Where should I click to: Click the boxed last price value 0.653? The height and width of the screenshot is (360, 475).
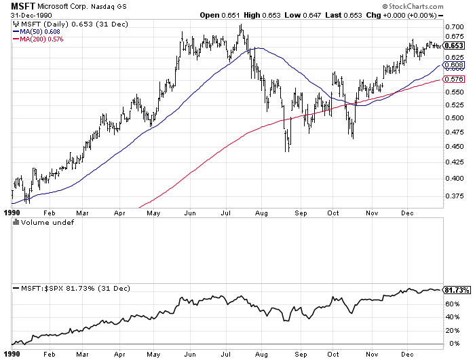pyautogui.click(x=453, y=46)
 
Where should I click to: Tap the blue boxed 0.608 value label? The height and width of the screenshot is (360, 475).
pyautogui.click(x=453, y=65)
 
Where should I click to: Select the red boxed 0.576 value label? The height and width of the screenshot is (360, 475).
pyautogui.click(x=453, y=79)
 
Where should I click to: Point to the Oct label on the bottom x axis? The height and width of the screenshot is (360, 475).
pyautogui.click(x=333, y=354)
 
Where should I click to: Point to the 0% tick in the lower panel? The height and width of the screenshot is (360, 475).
pyautogui.click(x=449, y=343)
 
